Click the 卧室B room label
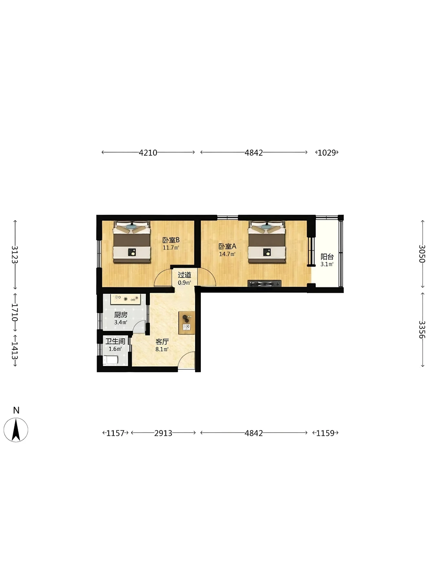(x=171, y=240)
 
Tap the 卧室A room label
(x=227, y=246)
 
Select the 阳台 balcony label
(x=327, y=256)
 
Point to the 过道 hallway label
(x=184, y=275)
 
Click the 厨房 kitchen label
(x=121, y=315)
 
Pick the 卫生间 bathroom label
(x=115, y=341)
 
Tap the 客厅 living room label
(x=162, y=342)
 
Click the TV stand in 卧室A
(x=264, y=283)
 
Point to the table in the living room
(x=187, y=322)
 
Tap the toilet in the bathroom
(x=110, y=360)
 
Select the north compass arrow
(x=16, y=430)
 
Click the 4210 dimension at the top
(x=148, y=153)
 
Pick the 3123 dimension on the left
(x=15, y=254)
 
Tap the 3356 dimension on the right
(x=422, y=329)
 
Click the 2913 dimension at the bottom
(x=163, y=433)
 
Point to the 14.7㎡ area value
(x=227, y=254)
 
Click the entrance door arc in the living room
(x=187, y=360)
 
